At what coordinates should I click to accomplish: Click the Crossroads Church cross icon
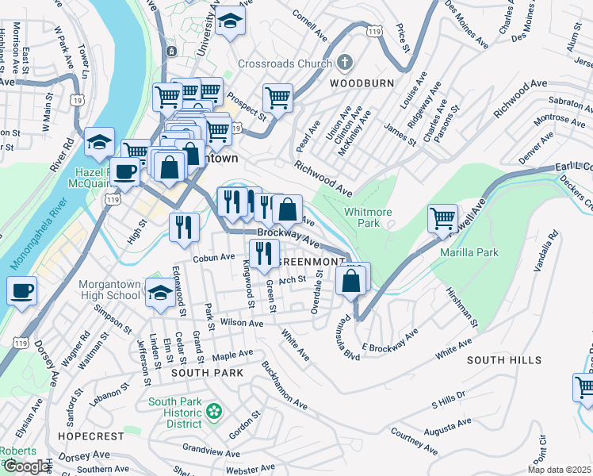(344, 62)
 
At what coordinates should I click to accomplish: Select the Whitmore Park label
(368, 218)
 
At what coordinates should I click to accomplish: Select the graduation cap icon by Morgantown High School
(160, 293)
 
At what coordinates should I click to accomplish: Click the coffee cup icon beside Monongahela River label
(22, 290)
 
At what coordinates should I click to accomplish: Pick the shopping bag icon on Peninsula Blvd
(350, 280)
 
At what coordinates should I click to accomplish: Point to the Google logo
(25, 466)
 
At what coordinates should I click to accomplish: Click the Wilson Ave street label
(241, 323)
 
